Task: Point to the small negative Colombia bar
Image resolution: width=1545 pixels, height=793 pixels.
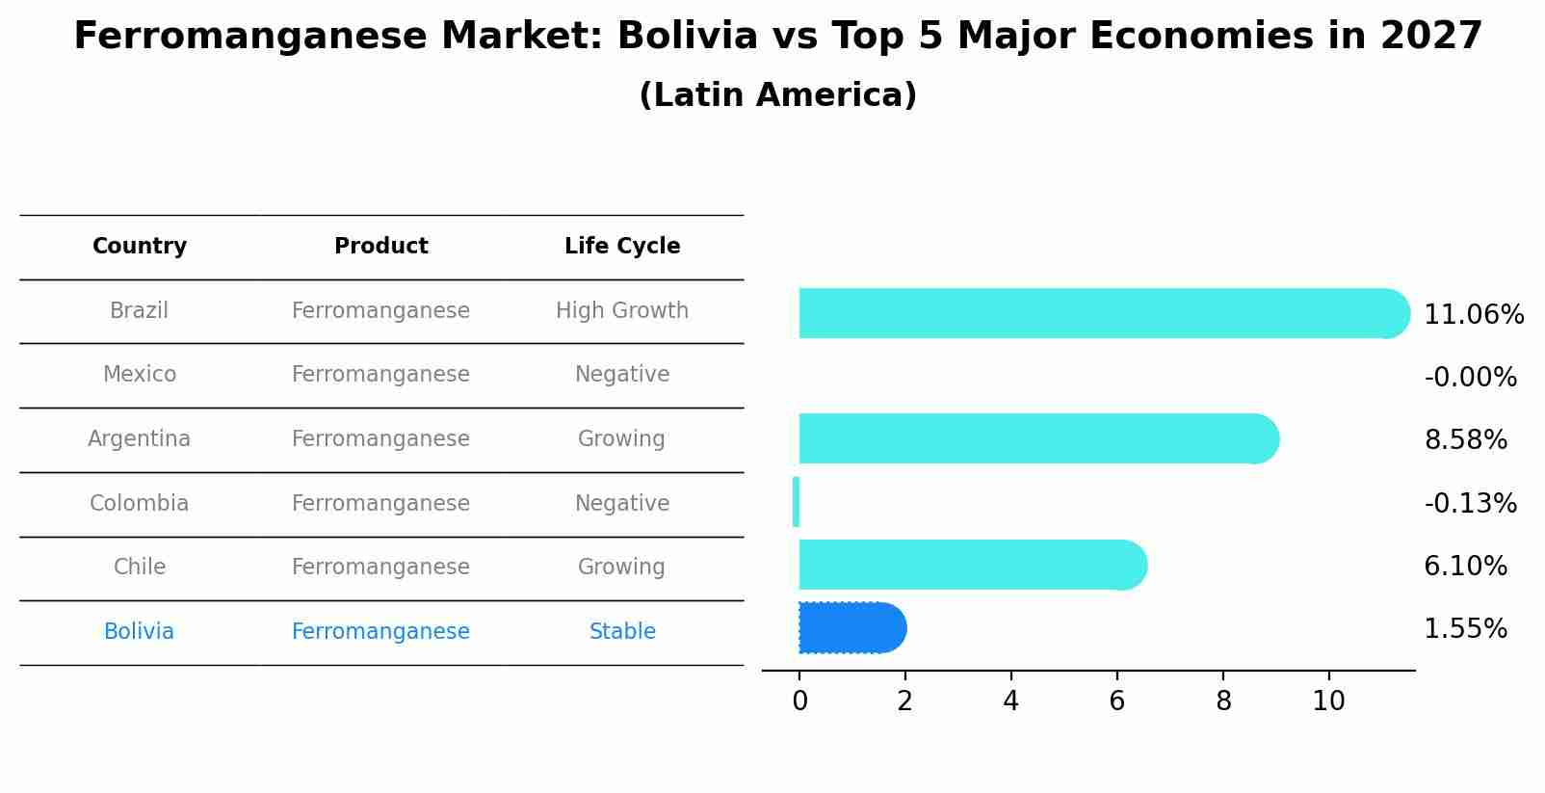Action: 796,502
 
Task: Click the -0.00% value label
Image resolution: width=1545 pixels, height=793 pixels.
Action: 1470,378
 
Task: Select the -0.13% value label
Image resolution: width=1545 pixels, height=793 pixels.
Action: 1470,504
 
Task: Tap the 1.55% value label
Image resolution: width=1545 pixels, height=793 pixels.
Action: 1465,629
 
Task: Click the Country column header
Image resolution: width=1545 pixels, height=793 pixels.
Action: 140,247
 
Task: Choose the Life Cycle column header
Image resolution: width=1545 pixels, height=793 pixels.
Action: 622,247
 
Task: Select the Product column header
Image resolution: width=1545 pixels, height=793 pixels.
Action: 381,247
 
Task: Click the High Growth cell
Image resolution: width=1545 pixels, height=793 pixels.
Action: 622,311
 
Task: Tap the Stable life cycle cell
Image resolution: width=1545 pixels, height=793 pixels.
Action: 622,632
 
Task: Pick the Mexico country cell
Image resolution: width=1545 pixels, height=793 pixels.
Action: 140,375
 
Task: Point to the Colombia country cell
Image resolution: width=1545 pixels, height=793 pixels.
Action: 140,504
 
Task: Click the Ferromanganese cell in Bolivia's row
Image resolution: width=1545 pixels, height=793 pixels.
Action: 381,632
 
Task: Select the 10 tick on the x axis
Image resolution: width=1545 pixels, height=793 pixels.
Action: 1328,701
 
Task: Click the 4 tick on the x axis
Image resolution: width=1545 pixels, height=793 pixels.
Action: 1010,701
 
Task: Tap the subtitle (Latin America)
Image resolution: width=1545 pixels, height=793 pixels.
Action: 777,95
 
